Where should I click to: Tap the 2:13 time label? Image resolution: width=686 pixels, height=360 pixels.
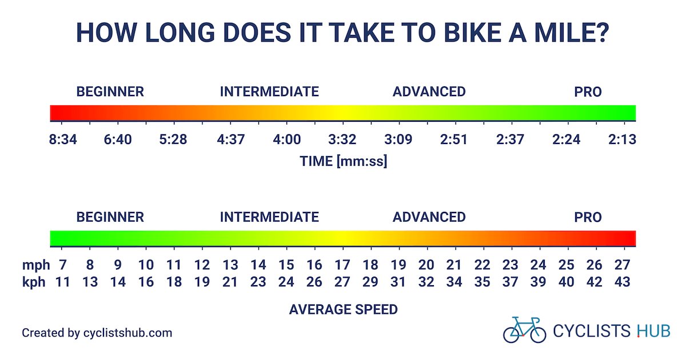point(623,139)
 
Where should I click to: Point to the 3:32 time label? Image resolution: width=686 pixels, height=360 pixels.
point(342,139)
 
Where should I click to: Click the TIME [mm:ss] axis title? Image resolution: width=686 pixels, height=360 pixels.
point(343,161)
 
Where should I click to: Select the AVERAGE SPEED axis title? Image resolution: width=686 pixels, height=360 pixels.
point(343,310)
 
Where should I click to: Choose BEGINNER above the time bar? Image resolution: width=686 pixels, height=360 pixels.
point(110,91)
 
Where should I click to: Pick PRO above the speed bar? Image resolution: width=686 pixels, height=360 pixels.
point(588,217)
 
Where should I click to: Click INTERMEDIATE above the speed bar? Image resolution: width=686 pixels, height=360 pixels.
point(269,217)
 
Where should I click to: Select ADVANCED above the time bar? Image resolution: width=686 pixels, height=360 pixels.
point(429,91)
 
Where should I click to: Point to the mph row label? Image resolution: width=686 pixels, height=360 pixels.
point(34,265)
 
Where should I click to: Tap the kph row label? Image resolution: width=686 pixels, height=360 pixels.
point(34,281)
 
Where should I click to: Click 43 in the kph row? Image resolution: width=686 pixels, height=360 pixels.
point(623,281)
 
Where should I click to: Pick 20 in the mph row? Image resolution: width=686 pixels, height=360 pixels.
point(426,265)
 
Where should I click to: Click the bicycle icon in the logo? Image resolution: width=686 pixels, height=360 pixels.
point(524,330)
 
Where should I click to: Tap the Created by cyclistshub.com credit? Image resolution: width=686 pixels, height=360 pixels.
point(97,333)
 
